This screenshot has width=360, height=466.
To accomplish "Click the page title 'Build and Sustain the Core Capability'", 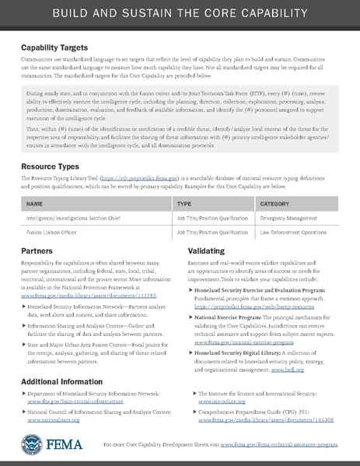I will tap(180, 16).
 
